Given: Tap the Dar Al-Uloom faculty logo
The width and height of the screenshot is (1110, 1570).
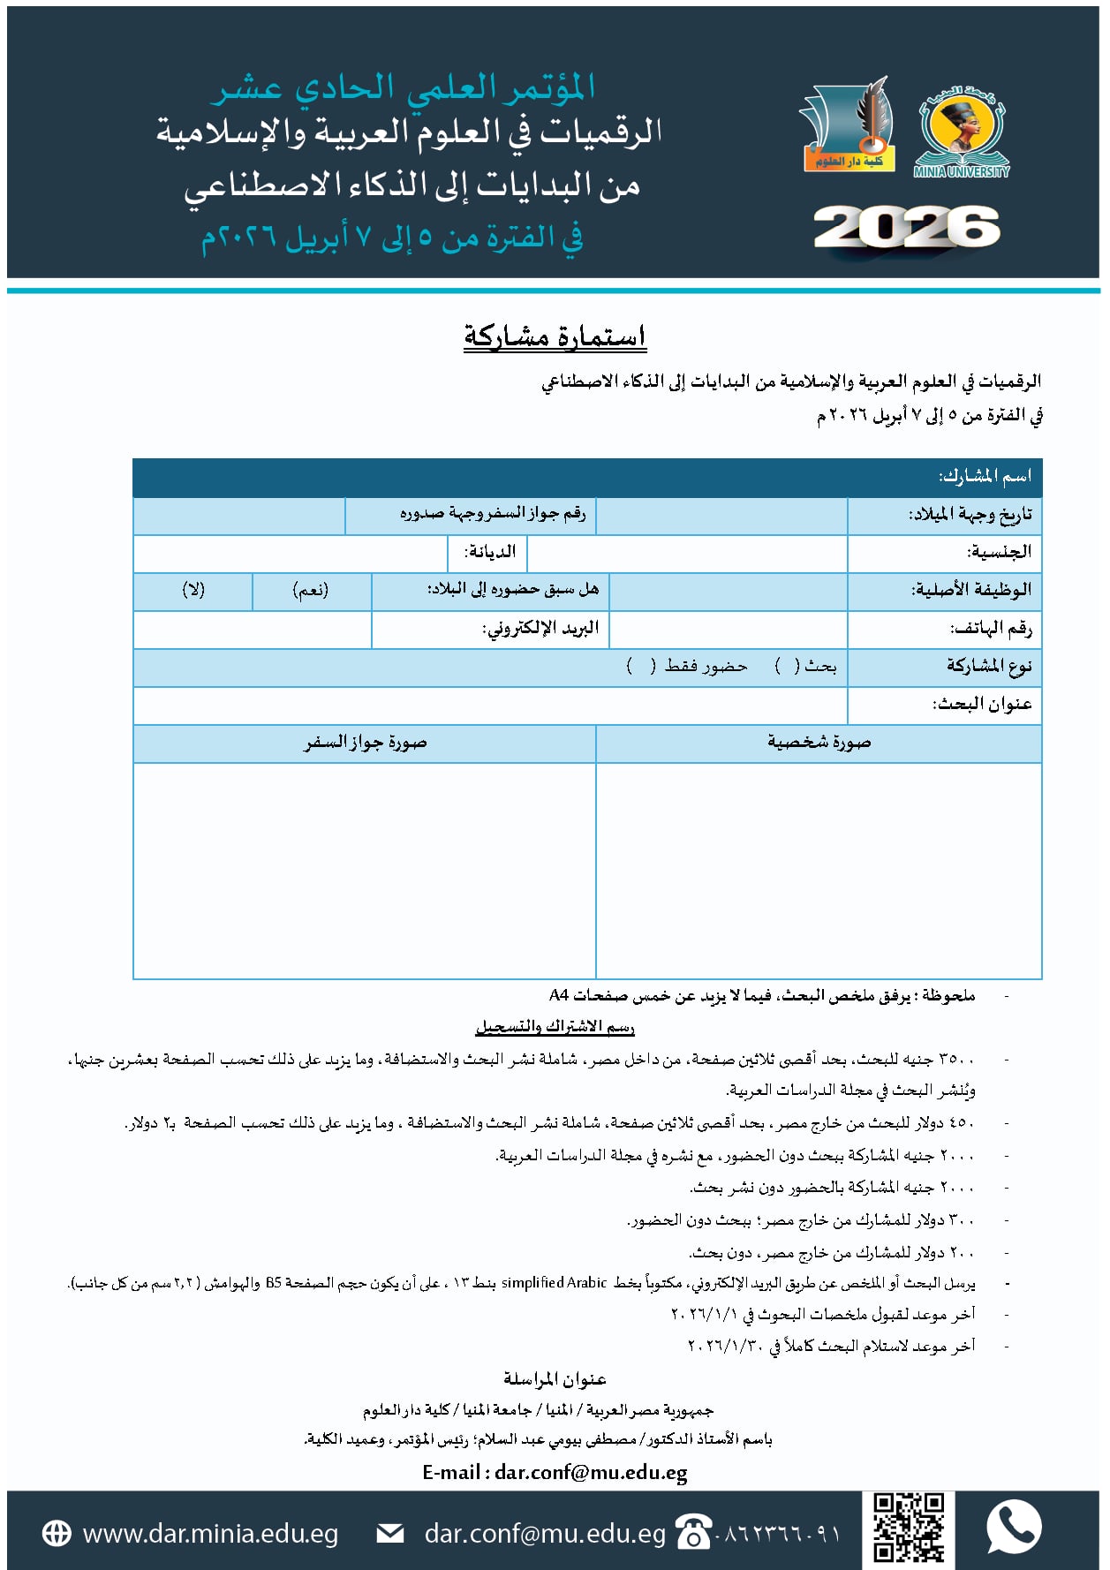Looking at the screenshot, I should pyautogui.click(x=847, y=126).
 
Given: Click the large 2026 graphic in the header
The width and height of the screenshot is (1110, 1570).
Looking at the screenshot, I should pyautogui.click(x=906, y=229).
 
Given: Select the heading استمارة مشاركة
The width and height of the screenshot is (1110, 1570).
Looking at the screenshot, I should pyautogui.click(x=555, y=336).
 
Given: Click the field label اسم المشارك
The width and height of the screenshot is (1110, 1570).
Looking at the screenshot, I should pyautogui.click(x=985, y=477).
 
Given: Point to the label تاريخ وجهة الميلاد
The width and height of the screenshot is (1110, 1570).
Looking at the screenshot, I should pyautogui.click(x=970, y=515).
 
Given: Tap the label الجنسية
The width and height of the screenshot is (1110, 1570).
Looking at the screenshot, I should pyautogui.click(x=999, y=552).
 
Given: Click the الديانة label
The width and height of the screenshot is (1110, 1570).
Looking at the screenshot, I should pyautogui.click(x=490, y=552).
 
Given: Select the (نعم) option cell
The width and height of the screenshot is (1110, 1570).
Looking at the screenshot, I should pyautogui.click(x=311, y=590).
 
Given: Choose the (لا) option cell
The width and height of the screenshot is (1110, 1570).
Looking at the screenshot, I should pyautogui.click(x=193, y=590).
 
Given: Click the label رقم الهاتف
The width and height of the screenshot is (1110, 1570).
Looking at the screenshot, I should pyautogui.click(x=990, y=628).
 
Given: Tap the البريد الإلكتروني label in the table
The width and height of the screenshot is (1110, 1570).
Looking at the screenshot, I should pyautogui.click(x=540, y=628).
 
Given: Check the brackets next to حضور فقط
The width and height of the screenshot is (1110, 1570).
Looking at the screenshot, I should pyautogui.click(x=641, y=666).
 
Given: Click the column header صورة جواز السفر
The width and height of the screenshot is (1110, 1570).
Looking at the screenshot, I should pyautogui.click(x=365, y=743).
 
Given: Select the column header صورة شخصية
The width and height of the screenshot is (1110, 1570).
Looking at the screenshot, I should pyautogui.click(x=819, y=743).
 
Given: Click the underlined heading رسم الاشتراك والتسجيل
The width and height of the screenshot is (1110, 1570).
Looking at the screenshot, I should pyautogui.click(x=555, y=1026).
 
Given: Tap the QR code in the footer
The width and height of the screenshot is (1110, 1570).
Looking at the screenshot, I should pyautogui.click(x=908, y=1528).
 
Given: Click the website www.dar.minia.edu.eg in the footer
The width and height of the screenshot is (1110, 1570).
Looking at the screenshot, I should pyautogui.click(x=210, y=1533).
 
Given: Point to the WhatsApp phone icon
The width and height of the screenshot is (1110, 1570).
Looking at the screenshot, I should pyautogui.click(x=1014, y=1527).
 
